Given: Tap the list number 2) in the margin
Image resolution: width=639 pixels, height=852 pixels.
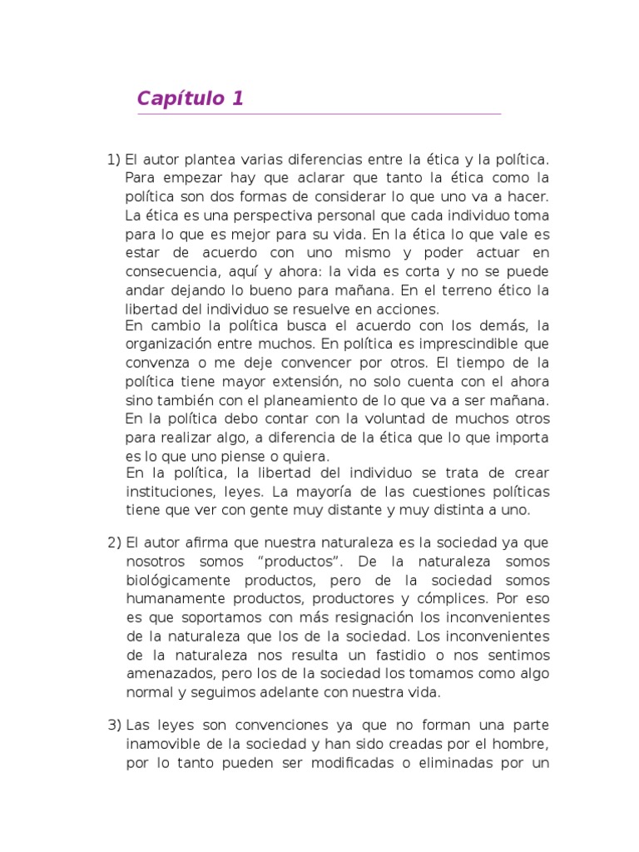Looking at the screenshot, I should (115, 542).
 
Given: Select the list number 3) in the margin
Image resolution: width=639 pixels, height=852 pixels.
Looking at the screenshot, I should (115, 726).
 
